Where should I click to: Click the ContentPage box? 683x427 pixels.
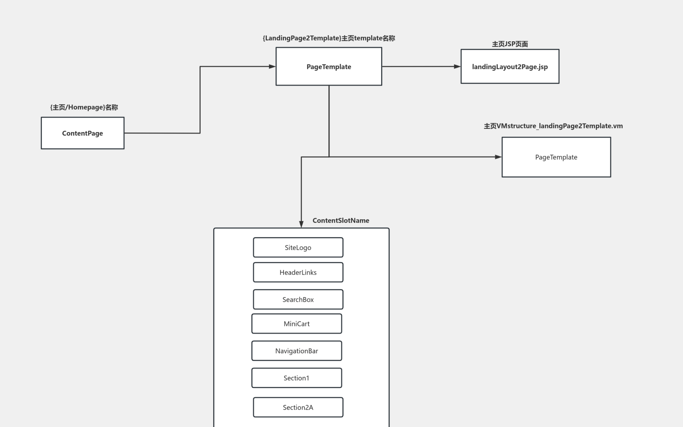click(83, 133)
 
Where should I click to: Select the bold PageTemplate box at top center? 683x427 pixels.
click(329, 67)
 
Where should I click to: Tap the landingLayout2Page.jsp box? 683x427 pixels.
click(510, 67)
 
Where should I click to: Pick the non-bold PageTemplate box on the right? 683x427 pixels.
click(556, 157)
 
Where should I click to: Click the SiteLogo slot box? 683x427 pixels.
click(298, 247)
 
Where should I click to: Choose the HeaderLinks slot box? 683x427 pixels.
click(298, 272)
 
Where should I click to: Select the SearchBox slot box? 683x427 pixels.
click(298, 299)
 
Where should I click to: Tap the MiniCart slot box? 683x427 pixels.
click(297, 323)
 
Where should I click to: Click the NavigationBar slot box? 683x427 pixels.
click(297, 351)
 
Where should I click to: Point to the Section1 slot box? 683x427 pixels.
click(297, 378)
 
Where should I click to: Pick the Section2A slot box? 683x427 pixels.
click(298, 407)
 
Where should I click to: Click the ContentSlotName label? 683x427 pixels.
click(341, 221)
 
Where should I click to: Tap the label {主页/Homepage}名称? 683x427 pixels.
click(84, 107)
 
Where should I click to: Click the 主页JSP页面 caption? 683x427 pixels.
click(510, 44)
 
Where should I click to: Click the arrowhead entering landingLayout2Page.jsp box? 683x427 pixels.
click(457, 67)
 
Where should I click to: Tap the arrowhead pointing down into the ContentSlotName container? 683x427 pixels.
click(301, 224)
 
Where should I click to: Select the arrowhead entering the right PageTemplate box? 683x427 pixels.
click(498, 157)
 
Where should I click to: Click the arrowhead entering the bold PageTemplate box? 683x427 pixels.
click(272, 67)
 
